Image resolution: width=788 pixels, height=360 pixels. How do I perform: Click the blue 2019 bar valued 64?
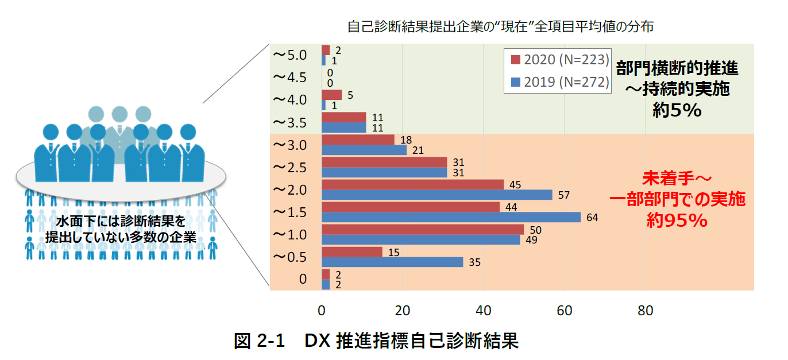[x=451, y=217]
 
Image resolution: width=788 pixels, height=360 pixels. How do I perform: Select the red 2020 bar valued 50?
[x=423, y=230]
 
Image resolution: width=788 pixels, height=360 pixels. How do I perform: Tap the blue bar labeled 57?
[x=437, y=195]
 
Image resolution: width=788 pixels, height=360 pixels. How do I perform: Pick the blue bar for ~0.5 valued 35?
[x=392, y=262]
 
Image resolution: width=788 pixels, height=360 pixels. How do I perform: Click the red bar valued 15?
[x=352, y=251]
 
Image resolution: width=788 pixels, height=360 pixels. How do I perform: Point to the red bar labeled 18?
[x=358, y=140]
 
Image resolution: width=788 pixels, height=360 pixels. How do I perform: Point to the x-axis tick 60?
[x=565, y=311]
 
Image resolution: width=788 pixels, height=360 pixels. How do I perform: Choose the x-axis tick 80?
[x=646, y=311]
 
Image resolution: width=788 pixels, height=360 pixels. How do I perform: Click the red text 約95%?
[x=677, y=220]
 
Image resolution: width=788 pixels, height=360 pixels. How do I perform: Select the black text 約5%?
[x=677, y=110]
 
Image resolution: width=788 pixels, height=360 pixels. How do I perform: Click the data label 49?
[x=531, y=240]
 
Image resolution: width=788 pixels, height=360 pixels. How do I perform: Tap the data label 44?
[x=511, y=207]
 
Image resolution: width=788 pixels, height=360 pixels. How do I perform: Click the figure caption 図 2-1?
[x=260, y=341]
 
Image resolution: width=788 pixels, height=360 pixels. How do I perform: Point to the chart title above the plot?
[x=500, y=27]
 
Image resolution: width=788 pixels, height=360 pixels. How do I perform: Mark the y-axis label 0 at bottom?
[x=303, y=280]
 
